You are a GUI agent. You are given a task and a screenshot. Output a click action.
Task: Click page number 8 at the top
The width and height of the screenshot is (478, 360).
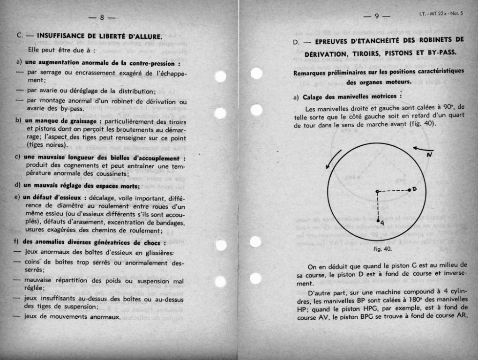(x=102, y=18)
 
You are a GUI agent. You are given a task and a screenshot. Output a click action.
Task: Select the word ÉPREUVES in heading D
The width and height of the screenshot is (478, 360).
(x=336, y=41)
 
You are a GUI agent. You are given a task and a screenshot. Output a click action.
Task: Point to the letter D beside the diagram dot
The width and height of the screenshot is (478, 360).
(x=415, y=189)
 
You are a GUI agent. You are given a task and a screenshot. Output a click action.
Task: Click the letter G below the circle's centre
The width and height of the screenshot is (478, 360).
(x=382, y=222)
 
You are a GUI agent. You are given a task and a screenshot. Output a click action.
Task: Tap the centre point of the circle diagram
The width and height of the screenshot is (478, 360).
(x=377, y=191)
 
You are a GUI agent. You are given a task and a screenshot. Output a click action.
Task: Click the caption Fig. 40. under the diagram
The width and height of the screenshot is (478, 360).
(x=382, y=249)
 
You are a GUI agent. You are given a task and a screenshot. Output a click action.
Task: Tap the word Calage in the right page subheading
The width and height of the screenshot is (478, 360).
(x=314, y=97)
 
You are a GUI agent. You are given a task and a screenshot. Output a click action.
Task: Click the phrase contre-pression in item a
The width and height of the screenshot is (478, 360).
(x=152, y=63)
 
